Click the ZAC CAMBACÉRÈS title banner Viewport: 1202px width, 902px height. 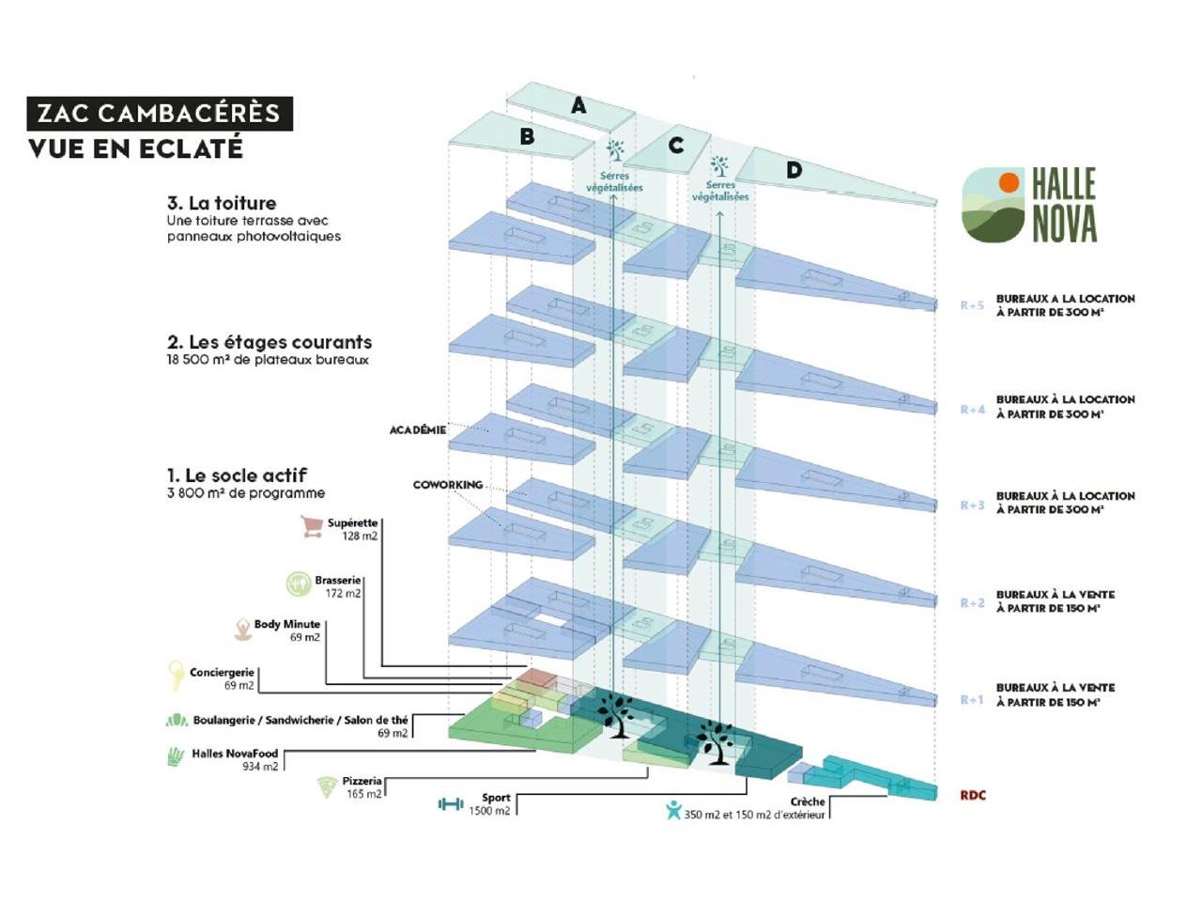159,114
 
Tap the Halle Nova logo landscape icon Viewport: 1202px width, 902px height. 994,205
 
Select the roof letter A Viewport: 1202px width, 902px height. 578,106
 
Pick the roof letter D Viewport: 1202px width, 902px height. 794,170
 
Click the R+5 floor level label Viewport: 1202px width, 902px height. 972,305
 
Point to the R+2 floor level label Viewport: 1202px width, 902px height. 972,603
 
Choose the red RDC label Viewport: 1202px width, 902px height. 973,795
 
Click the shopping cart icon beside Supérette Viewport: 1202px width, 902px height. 311,527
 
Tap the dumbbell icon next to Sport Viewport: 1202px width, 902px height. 451,804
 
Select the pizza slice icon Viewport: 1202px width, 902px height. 327,787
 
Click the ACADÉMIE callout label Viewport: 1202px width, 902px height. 418,430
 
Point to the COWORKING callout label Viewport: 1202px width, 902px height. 448,485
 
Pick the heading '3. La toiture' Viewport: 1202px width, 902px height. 222,203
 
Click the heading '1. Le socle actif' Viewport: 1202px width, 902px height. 237,475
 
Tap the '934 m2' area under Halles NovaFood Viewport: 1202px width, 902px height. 260,767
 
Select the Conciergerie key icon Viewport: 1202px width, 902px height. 176,675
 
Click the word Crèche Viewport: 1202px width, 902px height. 808,801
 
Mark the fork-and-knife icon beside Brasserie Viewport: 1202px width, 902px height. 299,584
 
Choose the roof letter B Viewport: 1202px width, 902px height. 527,137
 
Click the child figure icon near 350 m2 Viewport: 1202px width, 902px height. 672,810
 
